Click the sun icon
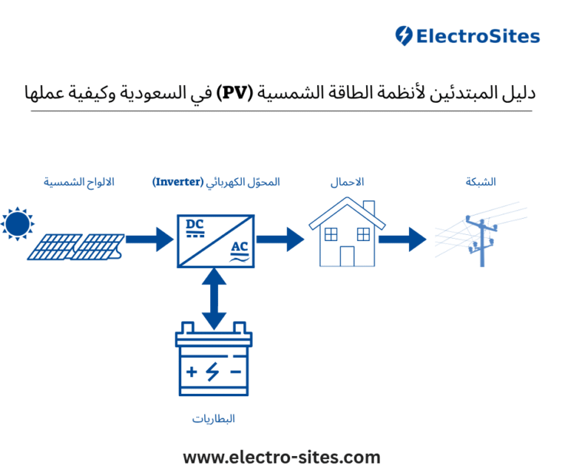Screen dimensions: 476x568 [x=17, y=223]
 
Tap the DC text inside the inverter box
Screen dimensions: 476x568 [x=195, y=225]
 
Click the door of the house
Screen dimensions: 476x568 [x=347, y=256]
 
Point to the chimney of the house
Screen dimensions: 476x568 [x=369, y=206]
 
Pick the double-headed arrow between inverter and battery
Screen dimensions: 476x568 [x=214, y=299]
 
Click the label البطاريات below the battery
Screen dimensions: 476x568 [x=214, y=419]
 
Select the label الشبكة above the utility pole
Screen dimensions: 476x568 [x=481, y=182]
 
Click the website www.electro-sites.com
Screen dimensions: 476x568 [x=282, y=458]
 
